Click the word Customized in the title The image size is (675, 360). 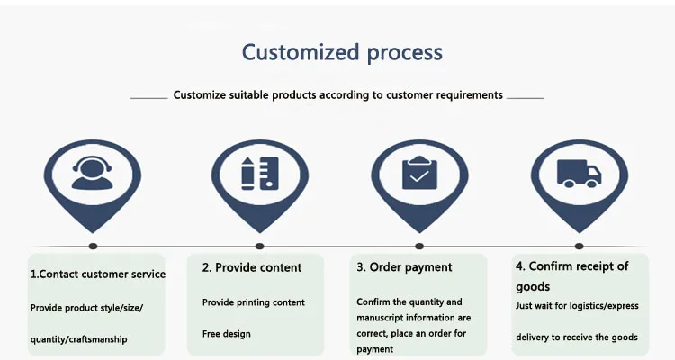point(301,52)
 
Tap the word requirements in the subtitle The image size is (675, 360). point(470,95)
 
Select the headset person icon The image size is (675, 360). point(92,173)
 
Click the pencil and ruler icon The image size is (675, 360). point(260,173)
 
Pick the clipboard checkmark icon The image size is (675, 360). point(419,173)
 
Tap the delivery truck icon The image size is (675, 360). point(579,173)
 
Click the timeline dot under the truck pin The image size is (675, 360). point(579,247)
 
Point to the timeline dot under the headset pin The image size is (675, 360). point(93,247)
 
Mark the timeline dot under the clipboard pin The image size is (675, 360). point(419,247)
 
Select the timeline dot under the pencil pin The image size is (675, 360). point(259,247)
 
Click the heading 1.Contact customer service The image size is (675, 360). point(98,274)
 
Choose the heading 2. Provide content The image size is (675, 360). point(252,267)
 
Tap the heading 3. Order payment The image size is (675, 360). point(404,267)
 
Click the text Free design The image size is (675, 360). point(227,334)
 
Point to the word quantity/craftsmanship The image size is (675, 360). point(79,339)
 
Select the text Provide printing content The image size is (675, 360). point(254,302)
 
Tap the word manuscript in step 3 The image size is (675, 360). point(380,318)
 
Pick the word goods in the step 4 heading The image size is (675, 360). point(533,287)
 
